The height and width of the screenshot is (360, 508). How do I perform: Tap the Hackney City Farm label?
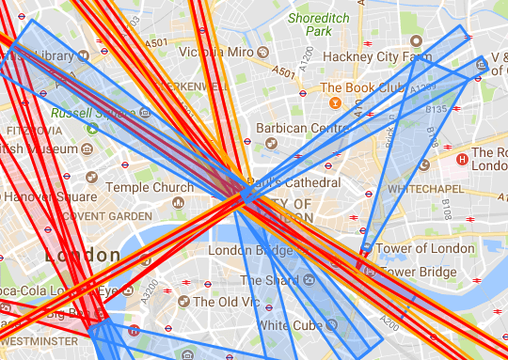coord(373,56)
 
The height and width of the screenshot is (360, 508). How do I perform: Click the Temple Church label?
coord(150,188)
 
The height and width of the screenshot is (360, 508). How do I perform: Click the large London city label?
coord(83,256)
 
